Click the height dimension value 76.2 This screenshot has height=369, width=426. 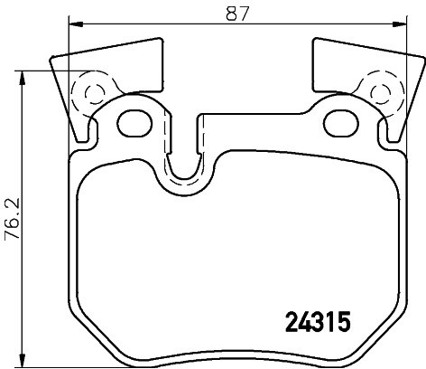12,216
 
